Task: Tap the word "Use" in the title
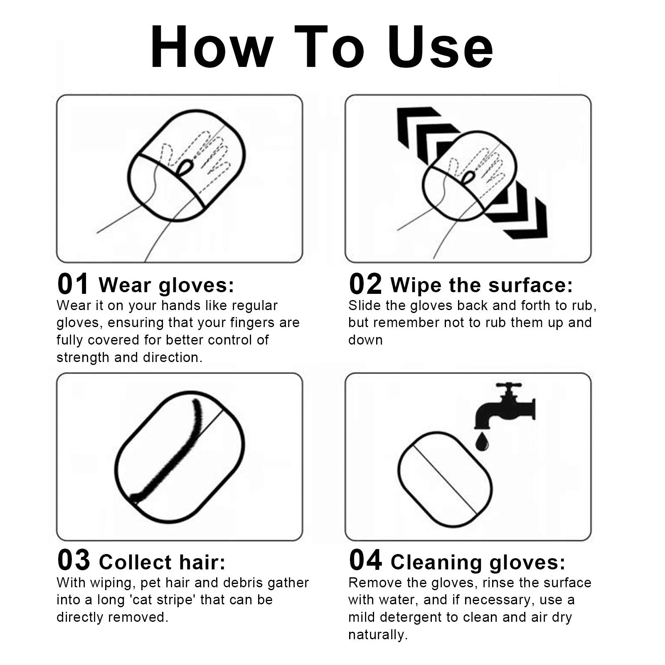coord(440,47)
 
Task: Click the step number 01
coord(73,284)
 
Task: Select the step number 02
coord(365,284)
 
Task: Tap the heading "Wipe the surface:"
coord(482,286)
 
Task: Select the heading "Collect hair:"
coord(163,562)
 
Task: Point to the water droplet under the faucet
coord(482,442)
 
